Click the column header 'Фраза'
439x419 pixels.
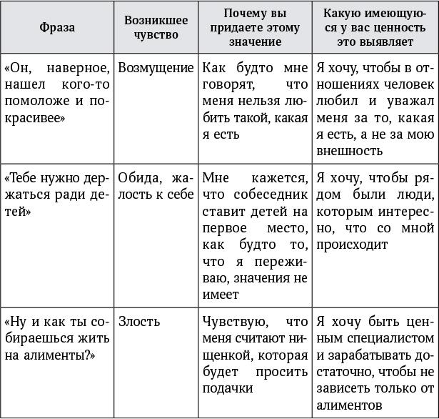click(x=57, y=27)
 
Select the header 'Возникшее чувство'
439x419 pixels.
click(x=156, y=27)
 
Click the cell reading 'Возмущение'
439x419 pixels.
click(x=156, y=68)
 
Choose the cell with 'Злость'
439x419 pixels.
click(x=139, y=322)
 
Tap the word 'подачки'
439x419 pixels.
click(x=227, y=388)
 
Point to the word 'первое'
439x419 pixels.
click(x=223, y=228)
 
